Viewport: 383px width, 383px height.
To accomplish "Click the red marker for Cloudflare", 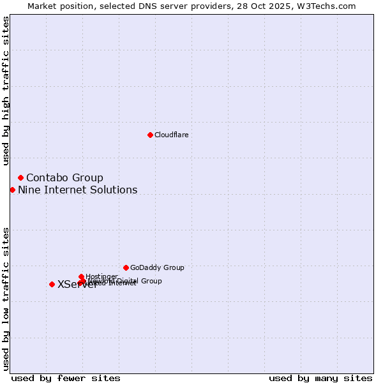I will [x=150, y=135].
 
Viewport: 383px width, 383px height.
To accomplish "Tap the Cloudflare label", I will [x=171, y=135].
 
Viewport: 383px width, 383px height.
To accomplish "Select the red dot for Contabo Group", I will [x=20, y=177].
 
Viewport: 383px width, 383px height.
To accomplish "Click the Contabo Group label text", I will [x=64, y=177].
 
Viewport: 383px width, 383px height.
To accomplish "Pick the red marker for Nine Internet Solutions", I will [x=12, y=190].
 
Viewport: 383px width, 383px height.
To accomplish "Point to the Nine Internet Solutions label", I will [x=77, y=190].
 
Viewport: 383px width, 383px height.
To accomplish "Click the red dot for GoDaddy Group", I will [x=126, y=267].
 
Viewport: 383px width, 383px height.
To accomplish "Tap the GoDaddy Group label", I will [x=156, y=267].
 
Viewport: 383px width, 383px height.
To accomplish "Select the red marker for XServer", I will [x=52, y=284].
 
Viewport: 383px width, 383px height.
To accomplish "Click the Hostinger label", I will [x=101, y=276].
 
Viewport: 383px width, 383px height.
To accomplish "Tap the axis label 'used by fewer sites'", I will [x=66, y=378].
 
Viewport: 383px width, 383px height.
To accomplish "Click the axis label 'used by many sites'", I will [x=320, y=378].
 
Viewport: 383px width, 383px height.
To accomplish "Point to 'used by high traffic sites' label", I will [x=6, y=91].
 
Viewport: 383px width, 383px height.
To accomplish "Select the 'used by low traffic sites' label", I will [x=6, y=299].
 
